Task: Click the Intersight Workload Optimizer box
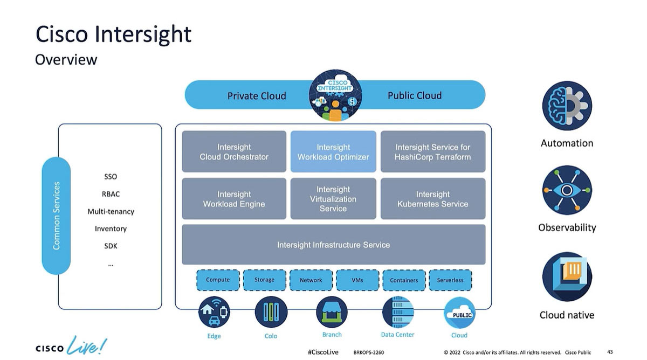tap(333, 151)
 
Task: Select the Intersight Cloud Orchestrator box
tap(234, 151)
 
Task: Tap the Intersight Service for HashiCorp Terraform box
tap(432, 151)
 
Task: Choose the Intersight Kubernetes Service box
tap(432, 199)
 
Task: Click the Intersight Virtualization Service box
tap(333, 199)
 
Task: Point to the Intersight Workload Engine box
tap(234, 199)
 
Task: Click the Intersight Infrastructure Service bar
tap(333, 245)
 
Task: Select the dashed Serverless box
tap(450, 280)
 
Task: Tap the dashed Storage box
tap(264, 280)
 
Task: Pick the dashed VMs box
tap(357, 280)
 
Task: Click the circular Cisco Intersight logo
tap(335, 95)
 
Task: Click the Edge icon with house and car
tap(214, 312)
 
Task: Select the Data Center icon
tap(397, 312)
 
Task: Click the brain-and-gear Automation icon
tap(567, 106)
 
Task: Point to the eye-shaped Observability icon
tap(567, 190)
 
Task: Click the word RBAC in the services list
tap(111, 194)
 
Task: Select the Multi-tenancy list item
tap(111, 211)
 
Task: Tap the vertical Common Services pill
tap(56, 216)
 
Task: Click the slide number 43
tap(610, 352)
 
